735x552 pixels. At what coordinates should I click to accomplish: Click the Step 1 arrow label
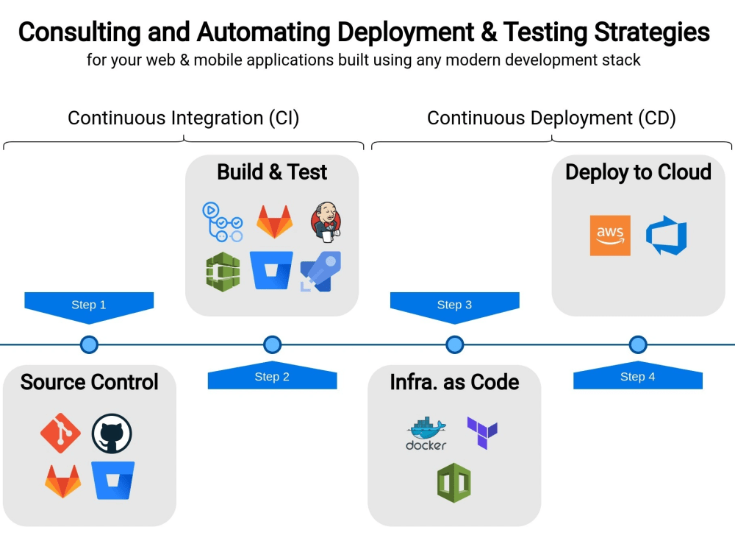89,305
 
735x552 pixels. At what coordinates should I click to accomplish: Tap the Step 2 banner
272,377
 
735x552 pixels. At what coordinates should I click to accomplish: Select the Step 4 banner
637,377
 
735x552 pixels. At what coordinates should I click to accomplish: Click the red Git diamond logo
60,434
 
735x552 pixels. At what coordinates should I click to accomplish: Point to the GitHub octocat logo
112,434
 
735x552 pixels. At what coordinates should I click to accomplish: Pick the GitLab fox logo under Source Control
63,481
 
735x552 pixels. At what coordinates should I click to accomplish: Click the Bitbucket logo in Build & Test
271,271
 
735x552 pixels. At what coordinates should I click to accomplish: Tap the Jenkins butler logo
325,221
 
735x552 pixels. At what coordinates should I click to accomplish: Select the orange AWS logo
610,236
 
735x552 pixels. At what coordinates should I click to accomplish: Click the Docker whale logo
426,434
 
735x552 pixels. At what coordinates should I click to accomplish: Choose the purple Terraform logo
482,433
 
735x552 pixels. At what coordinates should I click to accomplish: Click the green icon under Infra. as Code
453,483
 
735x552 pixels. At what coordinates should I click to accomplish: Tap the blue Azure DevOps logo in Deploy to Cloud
666,236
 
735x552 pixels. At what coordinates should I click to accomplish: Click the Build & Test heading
272,172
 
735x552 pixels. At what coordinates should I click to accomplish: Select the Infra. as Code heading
454,382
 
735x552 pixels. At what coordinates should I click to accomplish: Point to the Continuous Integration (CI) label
183,118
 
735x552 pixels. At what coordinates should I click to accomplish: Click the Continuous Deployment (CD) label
551,118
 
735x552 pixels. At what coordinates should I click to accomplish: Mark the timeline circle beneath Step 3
455,344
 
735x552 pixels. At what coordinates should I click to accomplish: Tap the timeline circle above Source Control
89,344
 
